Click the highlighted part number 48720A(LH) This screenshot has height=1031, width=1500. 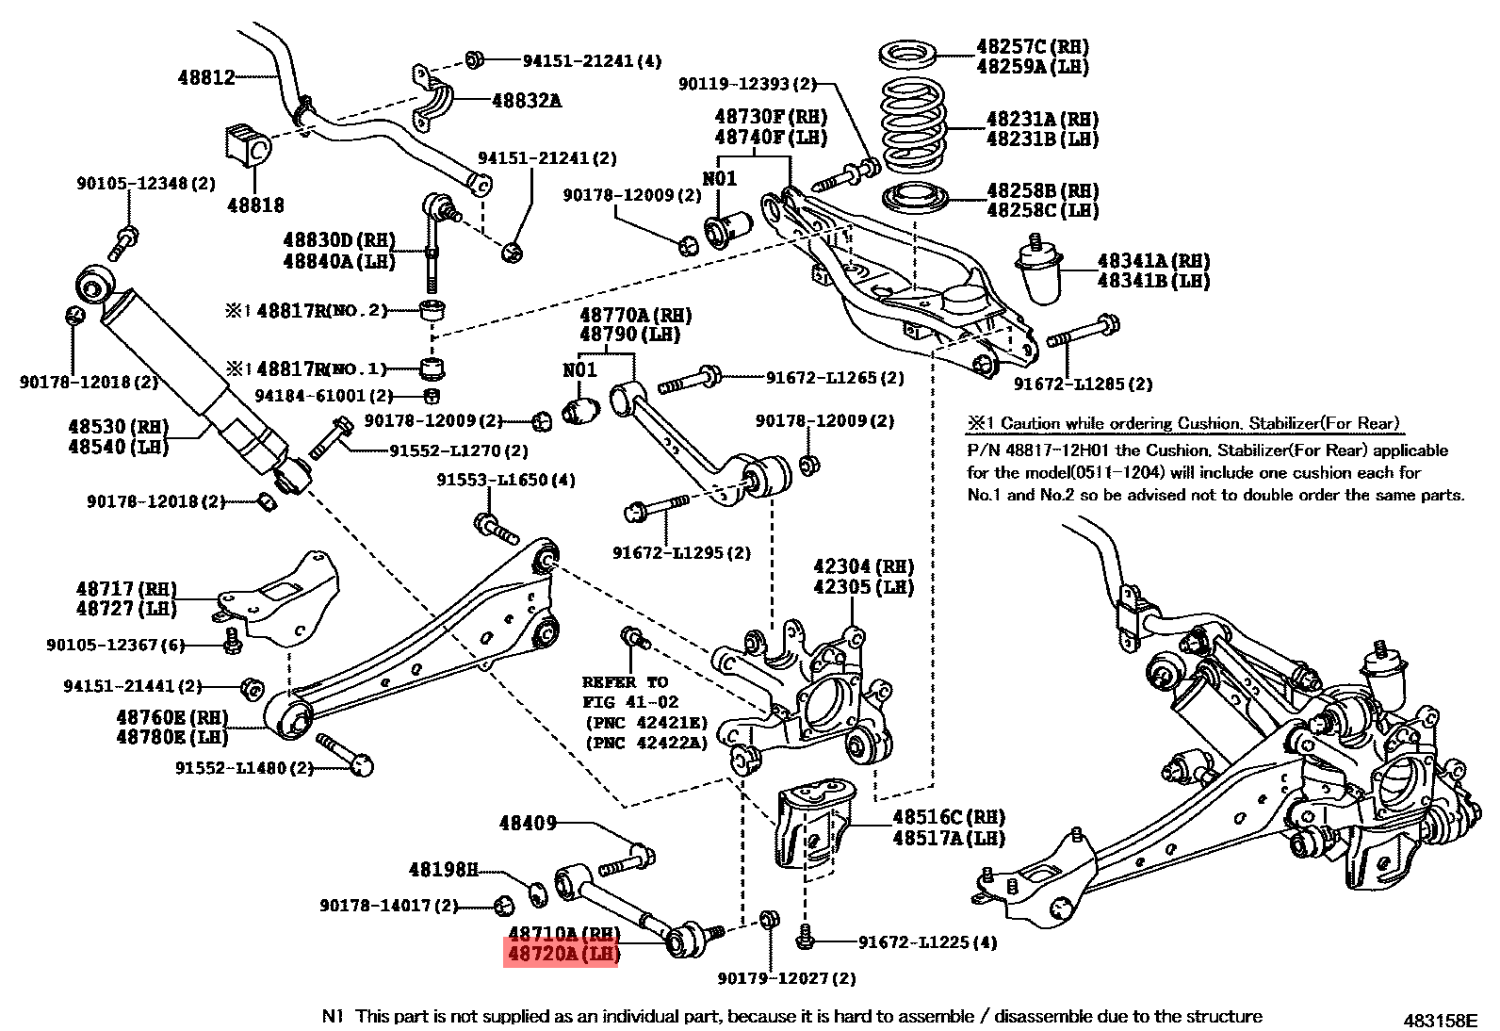(562, 955)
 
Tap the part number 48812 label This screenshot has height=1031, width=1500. (206, 77)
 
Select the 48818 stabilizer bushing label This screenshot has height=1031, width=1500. (255, 205)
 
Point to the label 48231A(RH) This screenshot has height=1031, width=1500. (1042, 119)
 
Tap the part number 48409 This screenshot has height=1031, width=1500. (528, 823)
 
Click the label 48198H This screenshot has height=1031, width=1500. (444, 868)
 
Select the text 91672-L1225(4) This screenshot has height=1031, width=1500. (927, 941)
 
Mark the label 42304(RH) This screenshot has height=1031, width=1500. (864, 566)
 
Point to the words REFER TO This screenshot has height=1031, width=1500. (625, 681)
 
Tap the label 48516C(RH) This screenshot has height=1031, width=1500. (949, 817)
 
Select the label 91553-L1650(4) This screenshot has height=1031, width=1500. (505, 480)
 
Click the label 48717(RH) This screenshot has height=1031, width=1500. (126, 589)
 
